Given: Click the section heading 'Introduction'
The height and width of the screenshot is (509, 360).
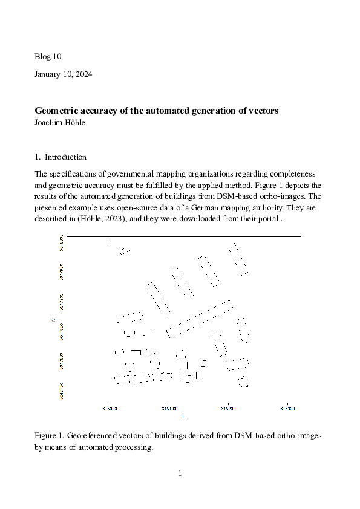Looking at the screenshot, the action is [65, 157].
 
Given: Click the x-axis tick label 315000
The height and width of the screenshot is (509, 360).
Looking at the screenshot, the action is [110, 408].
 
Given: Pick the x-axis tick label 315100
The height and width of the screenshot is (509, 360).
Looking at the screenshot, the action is [169, 408].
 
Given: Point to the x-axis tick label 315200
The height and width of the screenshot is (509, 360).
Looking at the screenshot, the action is [228, 408].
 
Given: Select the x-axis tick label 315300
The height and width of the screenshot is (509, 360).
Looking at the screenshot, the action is [287, 408].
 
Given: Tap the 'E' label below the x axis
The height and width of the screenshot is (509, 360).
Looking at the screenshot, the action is [183, 417].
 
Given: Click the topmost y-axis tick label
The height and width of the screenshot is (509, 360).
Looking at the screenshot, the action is [62, 239].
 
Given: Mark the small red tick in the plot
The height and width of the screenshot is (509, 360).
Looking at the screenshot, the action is [110, 242].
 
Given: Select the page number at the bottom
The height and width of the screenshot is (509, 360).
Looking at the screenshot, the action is [180, 473].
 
